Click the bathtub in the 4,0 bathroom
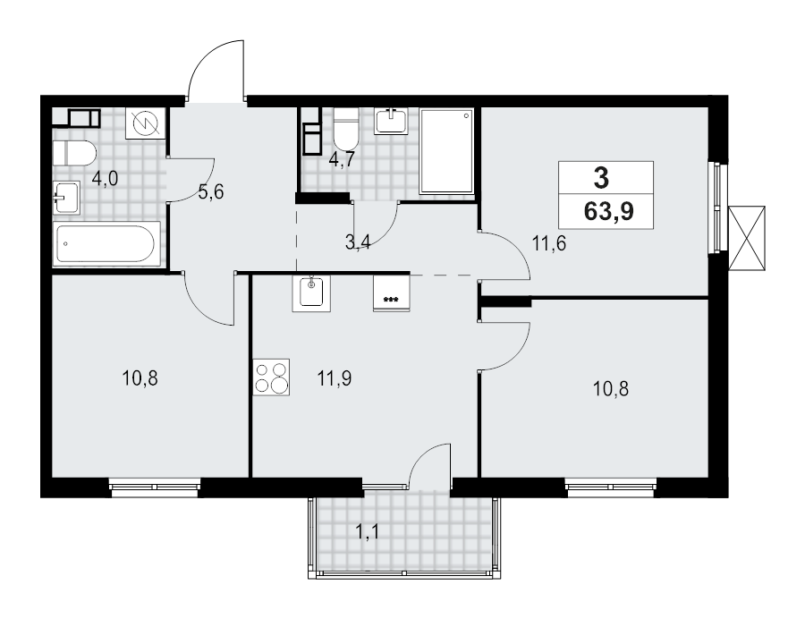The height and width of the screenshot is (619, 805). click(106, 243)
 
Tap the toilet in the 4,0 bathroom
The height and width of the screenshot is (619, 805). click(74, 153)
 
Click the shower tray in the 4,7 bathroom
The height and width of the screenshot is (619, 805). click(446, 151)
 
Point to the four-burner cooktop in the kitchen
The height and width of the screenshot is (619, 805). click(271, 377)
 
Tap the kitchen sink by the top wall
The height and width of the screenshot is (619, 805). click(311, 293)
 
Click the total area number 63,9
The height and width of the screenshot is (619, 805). click(609, 210)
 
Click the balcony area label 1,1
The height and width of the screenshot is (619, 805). click(367, 532)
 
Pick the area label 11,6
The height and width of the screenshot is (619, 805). click(549, 242)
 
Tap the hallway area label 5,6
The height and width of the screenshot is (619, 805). click(210, 192)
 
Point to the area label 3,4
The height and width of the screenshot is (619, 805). click(358, 242)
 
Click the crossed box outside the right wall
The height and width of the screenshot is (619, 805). click(747, 238)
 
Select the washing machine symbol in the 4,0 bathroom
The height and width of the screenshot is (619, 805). click(147, 123)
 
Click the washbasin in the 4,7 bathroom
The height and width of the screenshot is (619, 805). click(392, 122)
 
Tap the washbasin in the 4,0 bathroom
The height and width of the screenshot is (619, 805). click(67, 198)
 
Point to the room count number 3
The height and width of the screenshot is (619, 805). click(601, 178)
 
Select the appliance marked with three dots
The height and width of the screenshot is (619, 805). click(392, 293)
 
